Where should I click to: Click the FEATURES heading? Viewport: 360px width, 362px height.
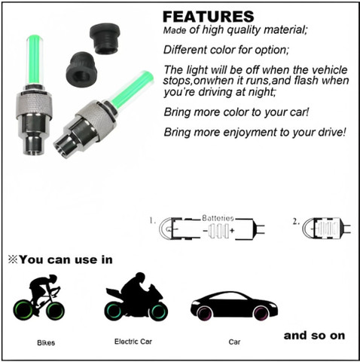[209, 17]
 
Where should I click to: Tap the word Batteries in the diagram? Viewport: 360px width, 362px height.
[218, 218]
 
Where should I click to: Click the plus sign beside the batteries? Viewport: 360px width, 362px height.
[232, 230]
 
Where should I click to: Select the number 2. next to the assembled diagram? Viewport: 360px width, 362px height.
[296, 222]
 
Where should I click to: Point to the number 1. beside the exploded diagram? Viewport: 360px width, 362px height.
[153, 221]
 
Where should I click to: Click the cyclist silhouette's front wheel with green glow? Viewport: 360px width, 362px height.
[56, 311]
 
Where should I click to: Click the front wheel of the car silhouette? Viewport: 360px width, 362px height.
[261, 312]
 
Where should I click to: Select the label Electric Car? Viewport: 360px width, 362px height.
[133, 342]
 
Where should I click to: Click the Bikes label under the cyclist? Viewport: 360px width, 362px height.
[46, 342]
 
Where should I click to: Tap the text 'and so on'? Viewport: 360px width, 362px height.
[314, 336]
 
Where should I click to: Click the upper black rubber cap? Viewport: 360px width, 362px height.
[105, 38]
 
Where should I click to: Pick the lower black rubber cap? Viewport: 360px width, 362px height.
[81, 69]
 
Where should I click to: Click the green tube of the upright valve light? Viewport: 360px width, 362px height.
[34, 60]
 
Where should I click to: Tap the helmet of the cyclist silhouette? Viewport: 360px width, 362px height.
[53, 278]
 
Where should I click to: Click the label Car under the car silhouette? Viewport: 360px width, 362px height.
[234, 342]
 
